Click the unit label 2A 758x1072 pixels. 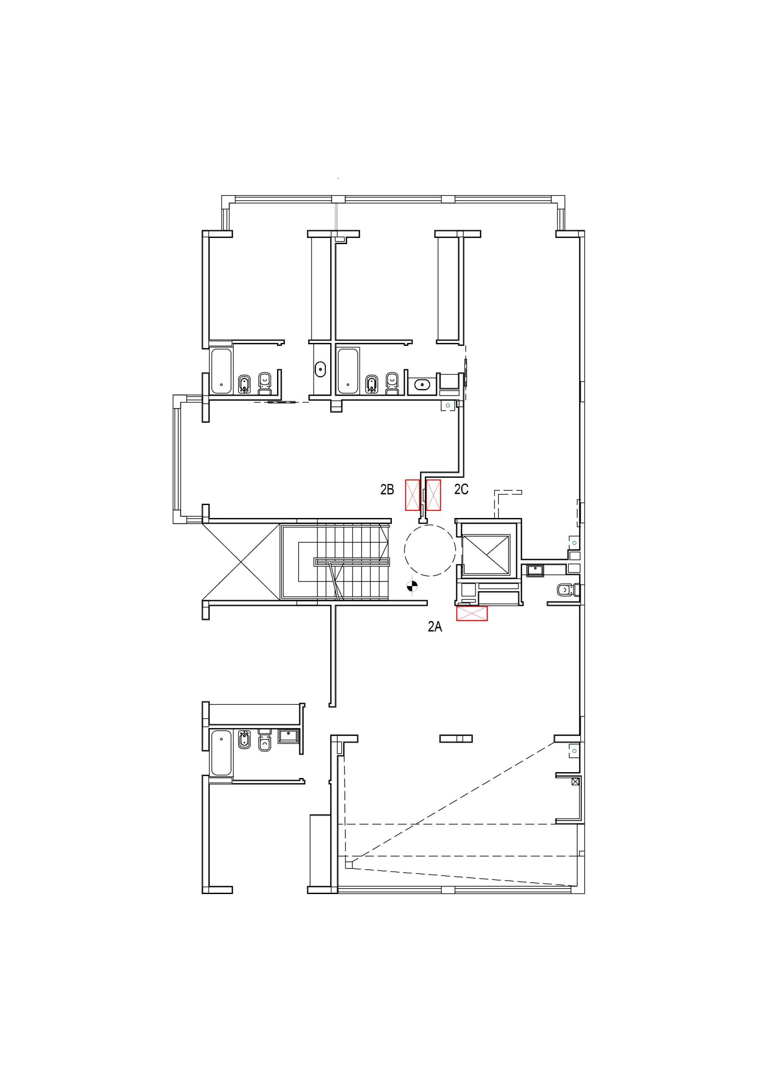point(434,626)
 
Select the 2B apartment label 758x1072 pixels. point(387,490)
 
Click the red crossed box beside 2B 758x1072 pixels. point(413,495)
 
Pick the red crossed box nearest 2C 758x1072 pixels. point(434,495)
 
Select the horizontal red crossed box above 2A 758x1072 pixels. point(472,613)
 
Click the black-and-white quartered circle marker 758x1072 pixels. point(412,585)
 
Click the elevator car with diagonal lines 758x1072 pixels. point(486,554)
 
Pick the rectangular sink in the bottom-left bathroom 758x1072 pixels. point(288,736)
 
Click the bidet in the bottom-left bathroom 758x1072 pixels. point(244,740)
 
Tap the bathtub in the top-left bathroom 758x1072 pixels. point(221,371)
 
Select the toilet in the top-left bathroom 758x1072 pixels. point(265,382)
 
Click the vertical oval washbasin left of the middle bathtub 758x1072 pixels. point(320,369)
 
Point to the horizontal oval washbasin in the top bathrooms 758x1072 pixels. point(422,385)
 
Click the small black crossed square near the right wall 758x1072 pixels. point(576,781)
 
